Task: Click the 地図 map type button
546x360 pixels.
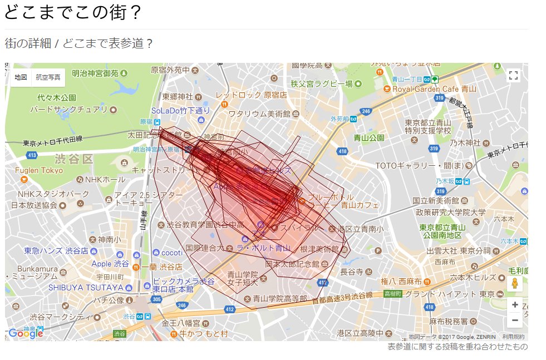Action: (21, 77)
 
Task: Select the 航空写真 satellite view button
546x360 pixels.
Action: (48, 77)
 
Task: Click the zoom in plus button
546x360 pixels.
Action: (515, 305)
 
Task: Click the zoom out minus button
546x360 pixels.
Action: (515, 320)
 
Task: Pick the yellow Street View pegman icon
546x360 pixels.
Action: (515, 283)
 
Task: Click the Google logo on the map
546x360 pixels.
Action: (25, 333)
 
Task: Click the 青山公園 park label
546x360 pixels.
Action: (369, 137)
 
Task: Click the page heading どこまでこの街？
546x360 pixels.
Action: (73, 13)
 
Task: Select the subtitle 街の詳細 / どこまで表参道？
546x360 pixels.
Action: (78, 43)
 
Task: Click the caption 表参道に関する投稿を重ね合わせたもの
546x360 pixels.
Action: (458, 347)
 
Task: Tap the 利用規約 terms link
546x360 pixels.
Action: (513, 337)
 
